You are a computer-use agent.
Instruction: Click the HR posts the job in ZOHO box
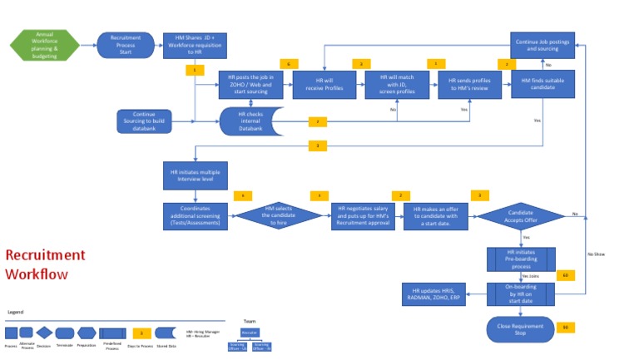point(250,86)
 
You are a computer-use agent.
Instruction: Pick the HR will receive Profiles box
point(324,86)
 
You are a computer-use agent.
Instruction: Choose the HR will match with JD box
point(396,86)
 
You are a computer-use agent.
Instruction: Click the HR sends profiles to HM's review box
point(469,86)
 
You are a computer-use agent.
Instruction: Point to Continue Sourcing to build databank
point(144,121)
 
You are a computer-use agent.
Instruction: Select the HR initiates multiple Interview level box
point(193,175)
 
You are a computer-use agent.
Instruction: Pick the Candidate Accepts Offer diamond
point(521,215)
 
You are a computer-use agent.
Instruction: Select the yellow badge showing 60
point(566,275)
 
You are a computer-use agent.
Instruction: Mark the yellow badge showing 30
point(566,327)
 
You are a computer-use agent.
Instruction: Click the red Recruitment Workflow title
point(45,264)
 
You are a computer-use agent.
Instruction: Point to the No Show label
point(596,254)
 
